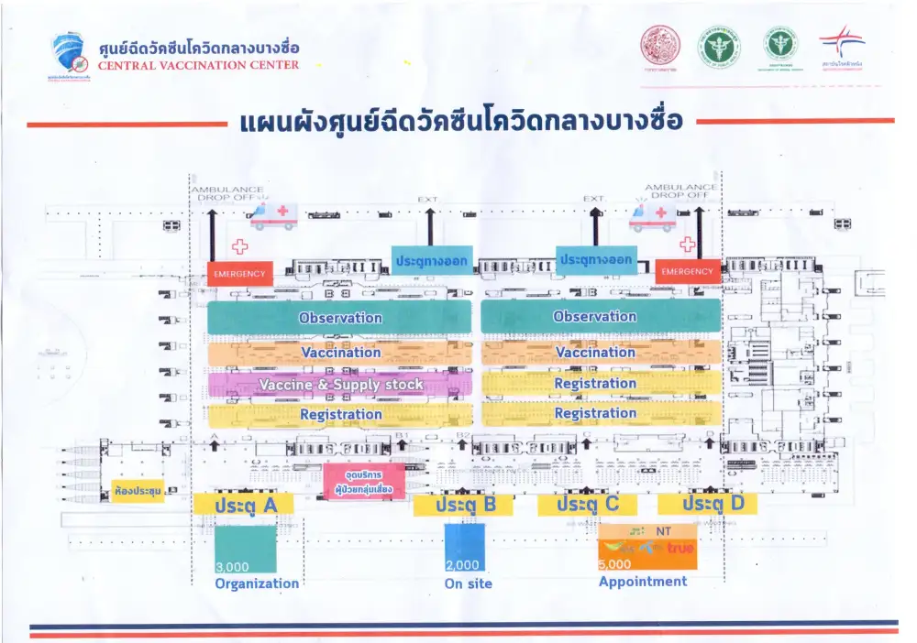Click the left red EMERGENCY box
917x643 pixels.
pos(239,273)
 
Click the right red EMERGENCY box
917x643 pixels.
pos(687,272)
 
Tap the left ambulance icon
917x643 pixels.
pos(274,216)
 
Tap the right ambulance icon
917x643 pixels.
pos(652,216)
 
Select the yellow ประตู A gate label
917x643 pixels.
pos(243,504)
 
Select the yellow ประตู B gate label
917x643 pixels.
pos(462,505)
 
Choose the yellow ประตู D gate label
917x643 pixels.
pos(707,504)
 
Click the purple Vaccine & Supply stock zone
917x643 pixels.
pos(340,385)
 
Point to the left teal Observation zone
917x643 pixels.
pos(340,318)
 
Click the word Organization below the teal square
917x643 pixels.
pos(257,583)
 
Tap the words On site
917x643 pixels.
pos(468,583)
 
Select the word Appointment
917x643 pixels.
pos(642,582)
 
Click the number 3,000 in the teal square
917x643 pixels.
pos(232,566)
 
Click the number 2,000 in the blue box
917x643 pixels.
pos(461,565)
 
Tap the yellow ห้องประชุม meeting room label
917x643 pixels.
pos(138,492)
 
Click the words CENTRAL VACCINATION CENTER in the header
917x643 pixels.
pos(198,65)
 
